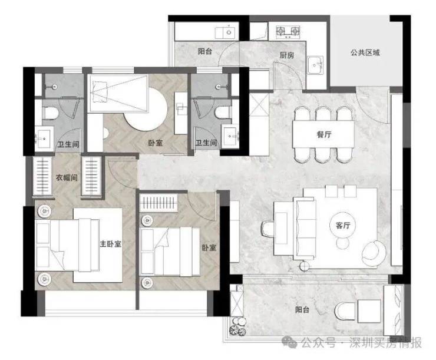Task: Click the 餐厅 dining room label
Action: pos(324,134)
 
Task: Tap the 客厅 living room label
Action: pos(343,225)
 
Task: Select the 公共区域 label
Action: pos(365,52)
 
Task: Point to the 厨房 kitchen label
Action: pos(287,55)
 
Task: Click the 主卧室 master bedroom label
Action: pos(110,244)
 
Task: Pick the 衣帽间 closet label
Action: pos(67,177)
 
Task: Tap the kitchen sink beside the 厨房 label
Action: pos(316,65)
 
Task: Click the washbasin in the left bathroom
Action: pos(44,137)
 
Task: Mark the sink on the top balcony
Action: pos(227,32)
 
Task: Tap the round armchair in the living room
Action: pos(374,253)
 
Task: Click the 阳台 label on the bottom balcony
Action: pos(302,309)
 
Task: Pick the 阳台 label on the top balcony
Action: pos(205,51)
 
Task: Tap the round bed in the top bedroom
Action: pos(146,108)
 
